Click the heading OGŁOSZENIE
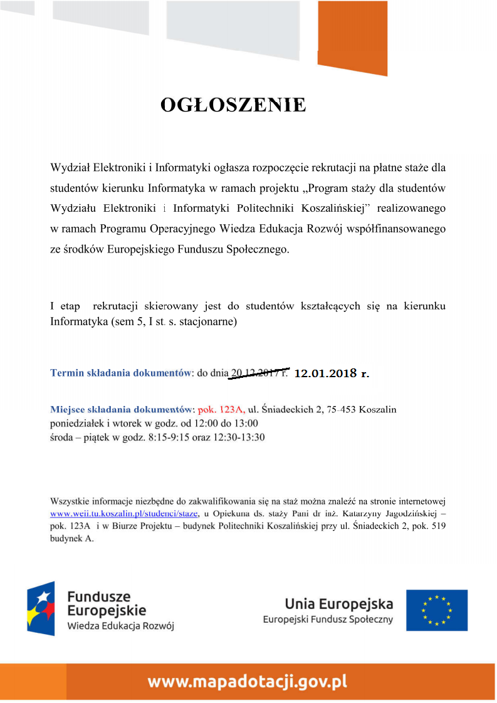[x=233, y=105]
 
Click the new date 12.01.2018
[x=325, y=373]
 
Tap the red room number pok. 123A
[x=221, y=410]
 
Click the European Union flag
[x=436, y=610]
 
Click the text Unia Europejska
[x=339, y=604]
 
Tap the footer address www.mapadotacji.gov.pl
[x=247, y=681]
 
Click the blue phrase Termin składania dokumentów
[x=120, y=373]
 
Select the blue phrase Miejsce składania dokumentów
[x=123, y=410]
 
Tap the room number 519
[x=437, y=525]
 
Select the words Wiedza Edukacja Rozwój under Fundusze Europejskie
[x=120, y=626]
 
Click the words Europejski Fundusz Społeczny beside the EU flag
[x=328, y=620]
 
